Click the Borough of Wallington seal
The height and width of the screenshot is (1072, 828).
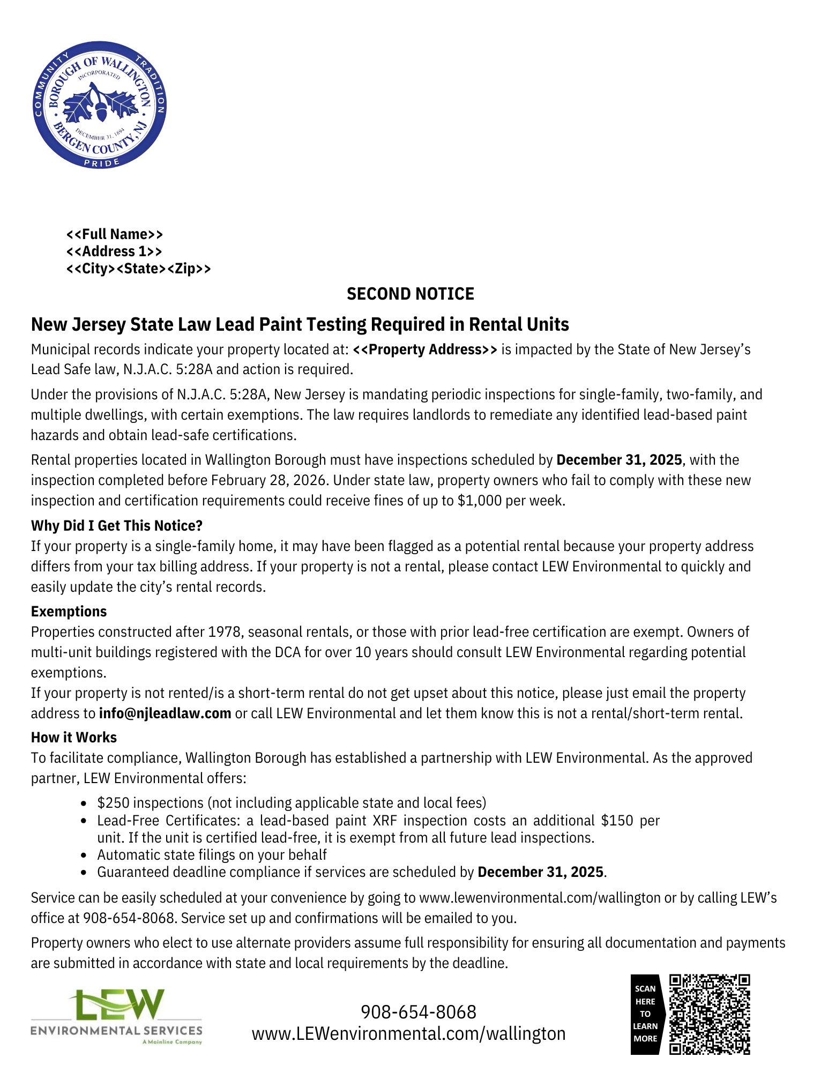point(100,105)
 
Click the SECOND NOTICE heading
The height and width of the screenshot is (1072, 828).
point(410,294)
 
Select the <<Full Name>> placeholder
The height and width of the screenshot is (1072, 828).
point(114,234)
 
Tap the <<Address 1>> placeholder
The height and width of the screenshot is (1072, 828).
point(114,251)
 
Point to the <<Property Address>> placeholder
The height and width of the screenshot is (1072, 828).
point(424,349)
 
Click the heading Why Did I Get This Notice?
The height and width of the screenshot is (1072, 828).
point(116,525)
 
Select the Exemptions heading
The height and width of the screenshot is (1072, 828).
point(69,612)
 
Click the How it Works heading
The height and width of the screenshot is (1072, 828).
point(73,738)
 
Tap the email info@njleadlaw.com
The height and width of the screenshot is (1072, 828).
point(165,713)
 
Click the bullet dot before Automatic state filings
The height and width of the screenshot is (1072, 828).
point(84,855)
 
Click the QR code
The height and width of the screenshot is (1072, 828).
point(710,1014)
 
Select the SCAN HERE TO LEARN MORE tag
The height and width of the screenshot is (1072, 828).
point(645,1014)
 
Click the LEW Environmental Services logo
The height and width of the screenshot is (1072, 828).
point(116,1016)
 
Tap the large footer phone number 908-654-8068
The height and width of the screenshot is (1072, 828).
point(418,1012)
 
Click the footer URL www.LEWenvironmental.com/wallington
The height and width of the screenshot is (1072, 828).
point(408,1033)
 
